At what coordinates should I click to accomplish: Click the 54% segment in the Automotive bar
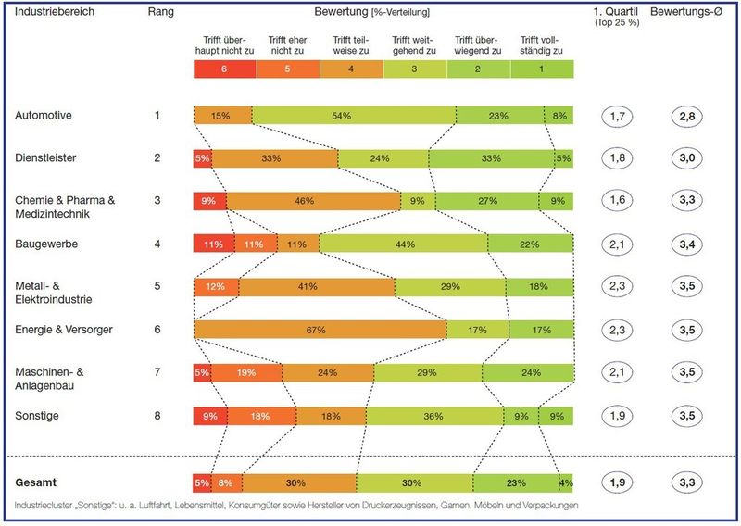[353, 116]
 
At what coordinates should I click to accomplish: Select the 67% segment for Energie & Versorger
[320, 330]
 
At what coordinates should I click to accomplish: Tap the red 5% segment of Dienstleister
[202, 158]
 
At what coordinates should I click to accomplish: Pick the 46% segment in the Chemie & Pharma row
[313, 200]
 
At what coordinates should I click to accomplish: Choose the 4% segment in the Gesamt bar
[566, 482]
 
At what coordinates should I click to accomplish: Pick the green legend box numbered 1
[542, 69]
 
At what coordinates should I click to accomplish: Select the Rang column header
[162, 13]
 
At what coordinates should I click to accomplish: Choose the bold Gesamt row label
[38, 482]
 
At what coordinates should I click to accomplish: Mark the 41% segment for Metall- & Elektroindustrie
[316, 287]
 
